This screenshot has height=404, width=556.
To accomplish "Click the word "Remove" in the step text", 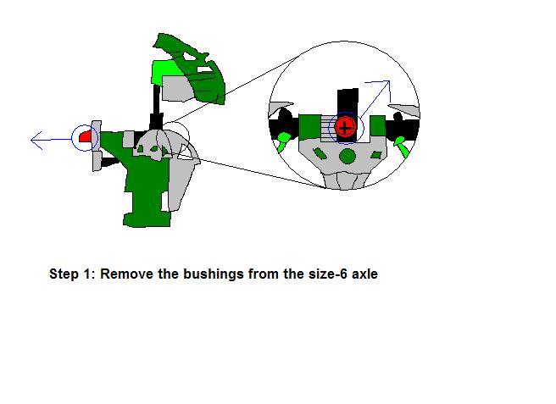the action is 126,274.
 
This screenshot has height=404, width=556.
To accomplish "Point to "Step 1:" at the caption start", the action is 72,274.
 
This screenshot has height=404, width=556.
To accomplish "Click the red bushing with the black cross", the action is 345,127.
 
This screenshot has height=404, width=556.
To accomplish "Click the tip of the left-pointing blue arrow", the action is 31,140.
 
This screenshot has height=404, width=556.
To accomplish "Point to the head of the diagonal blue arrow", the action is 389,81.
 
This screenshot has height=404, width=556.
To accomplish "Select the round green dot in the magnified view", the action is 347,157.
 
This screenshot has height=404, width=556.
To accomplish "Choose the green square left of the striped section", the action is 310,126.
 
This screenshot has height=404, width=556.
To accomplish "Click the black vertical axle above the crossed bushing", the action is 347,102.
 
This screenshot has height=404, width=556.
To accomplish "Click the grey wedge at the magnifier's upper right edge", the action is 404,110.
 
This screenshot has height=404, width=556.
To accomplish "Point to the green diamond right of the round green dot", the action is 375,154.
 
